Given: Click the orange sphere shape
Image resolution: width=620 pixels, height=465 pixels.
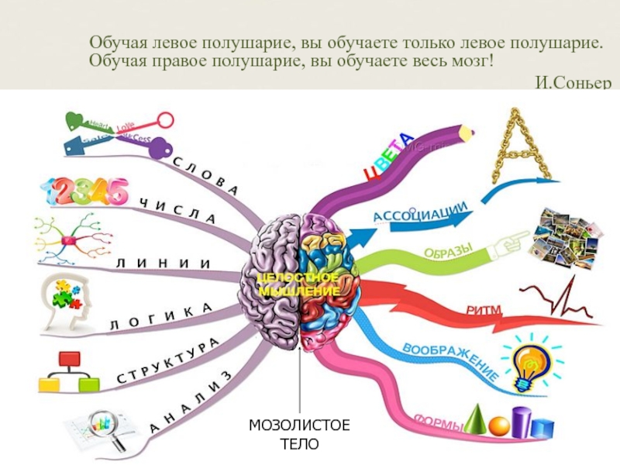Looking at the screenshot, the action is pos(500,425).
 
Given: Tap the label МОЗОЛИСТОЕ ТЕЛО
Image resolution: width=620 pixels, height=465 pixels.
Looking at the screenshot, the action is pos(299,434).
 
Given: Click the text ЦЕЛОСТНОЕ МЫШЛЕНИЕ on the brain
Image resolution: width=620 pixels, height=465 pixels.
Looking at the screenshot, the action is pos(298,284).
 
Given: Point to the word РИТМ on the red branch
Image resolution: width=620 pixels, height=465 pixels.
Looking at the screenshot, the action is pos(484,311).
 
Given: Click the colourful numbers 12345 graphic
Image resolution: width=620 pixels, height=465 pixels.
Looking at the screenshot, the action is pos(85,191).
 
